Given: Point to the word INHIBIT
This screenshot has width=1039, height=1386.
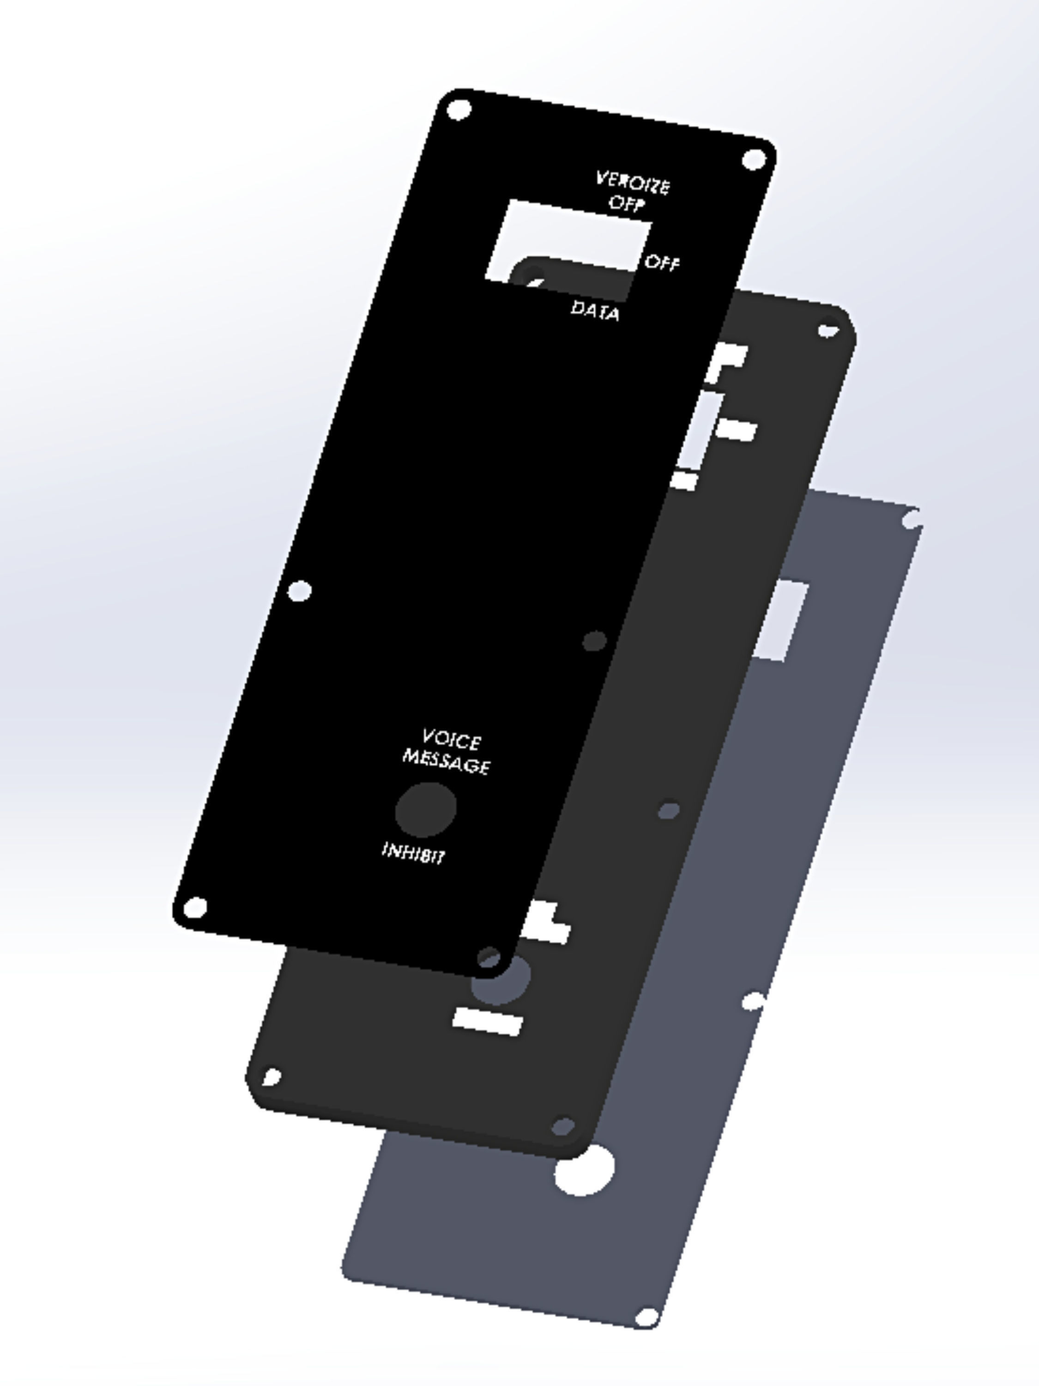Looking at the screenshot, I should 413,852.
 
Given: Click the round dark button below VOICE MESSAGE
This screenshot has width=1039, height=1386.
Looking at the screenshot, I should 426,809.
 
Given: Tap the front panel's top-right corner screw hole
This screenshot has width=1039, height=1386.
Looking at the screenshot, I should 754,159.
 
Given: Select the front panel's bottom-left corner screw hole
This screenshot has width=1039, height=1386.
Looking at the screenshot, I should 195,906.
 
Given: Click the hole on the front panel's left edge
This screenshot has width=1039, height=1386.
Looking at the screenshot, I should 299,590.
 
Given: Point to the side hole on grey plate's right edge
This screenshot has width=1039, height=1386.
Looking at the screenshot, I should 754,1001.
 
